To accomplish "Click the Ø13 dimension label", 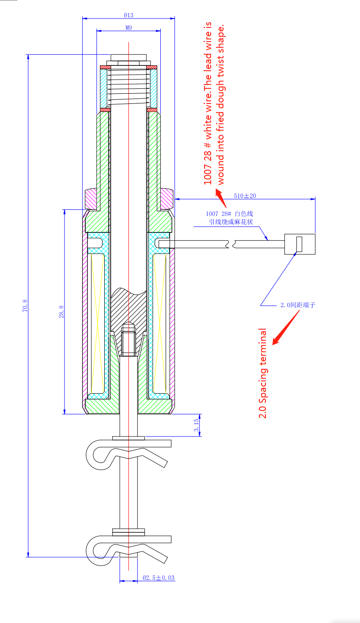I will point(129,15).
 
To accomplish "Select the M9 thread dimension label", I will point(129,27).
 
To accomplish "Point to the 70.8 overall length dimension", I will point(25,306).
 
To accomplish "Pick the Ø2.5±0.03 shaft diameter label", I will point(159,577).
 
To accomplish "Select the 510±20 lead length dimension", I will point(245,195).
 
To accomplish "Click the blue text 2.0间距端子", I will point(297,305).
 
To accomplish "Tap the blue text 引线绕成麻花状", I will point(231,222).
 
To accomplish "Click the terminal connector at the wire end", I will point(299,244).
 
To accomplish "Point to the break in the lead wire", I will point(231,244).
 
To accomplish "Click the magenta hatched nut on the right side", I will point(167,199).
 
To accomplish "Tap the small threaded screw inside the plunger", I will point(128,340).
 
